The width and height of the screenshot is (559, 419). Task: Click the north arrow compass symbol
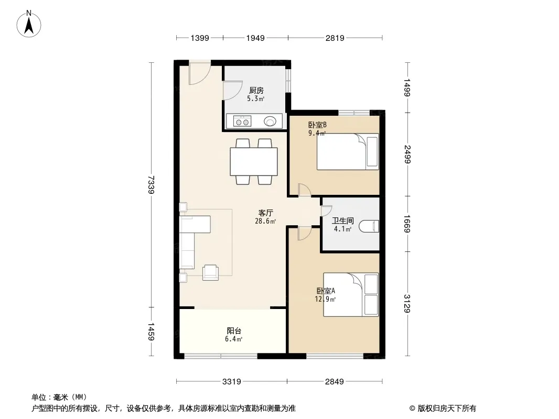click(x=29, y=24)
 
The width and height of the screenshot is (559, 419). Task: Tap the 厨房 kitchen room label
click(x=256, y=91)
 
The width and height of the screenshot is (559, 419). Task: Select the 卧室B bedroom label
click(x=317, y=125)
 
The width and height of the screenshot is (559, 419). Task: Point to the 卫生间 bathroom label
click(x=342, y=220)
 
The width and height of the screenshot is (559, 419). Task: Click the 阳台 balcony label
click(x=234, y=330)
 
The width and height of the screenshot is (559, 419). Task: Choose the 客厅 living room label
click(x=265, y=213)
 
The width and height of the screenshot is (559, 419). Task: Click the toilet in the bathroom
click(x=369, y=226)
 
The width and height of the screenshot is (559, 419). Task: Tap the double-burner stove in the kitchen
click(x=242, y=121)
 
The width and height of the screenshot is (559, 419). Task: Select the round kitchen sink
click(x=270, y=121)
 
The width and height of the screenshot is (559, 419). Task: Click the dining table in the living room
click(x=254, y=161)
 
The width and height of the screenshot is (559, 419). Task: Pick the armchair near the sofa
click(x=210, y=273)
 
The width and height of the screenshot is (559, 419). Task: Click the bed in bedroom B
click(x=348, y=152)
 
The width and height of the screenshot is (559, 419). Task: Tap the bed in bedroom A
click(x=351, y=294)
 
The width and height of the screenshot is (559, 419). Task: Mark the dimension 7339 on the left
click(x=151, y=185)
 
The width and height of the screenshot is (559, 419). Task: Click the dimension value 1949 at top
click(x=255, y=38)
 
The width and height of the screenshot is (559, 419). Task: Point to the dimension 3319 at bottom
click(x=232, y=382)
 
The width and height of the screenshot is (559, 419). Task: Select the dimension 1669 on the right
click(x=407, y=224)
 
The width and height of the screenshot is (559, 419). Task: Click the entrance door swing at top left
click(x=200, y=73)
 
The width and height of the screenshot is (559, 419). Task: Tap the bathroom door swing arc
click(x=327, y=211)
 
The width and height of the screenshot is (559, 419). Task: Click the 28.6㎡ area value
click(x=265, y=221)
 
